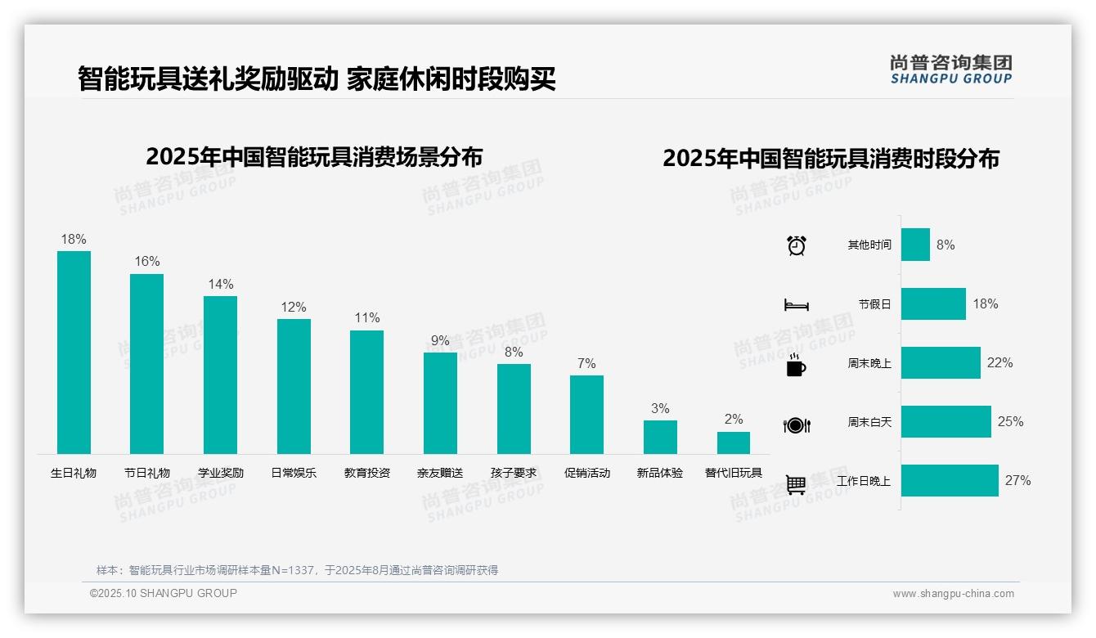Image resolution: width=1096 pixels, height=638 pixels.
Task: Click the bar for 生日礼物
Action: coord(74,352)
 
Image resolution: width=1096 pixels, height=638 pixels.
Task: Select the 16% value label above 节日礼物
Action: coord(147,262)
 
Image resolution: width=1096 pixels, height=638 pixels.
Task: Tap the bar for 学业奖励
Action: coord(220,375)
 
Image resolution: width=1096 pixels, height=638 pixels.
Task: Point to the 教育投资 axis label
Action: coord(367,473)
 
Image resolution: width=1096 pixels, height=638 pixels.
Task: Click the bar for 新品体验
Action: coord(660,437)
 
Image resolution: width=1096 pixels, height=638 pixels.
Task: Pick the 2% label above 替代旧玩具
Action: coord(734,420)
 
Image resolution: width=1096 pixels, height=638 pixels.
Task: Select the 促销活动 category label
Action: coord(587,473)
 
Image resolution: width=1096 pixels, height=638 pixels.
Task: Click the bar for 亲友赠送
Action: coord(440,402)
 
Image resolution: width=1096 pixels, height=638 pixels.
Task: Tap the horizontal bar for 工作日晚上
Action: coord(950,481)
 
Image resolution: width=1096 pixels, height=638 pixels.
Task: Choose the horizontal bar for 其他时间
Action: coord(915,245)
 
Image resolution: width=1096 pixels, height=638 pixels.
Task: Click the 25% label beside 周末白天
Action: coord(1011,422)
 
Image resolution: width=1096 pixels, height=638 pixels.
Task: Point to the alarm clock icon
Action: coord(797,245)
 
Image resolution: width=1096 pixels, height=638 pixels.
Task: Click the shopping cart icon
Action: coord(796,484)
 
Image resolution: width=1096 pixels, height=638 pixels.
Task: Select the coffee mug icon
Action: coord(796,365)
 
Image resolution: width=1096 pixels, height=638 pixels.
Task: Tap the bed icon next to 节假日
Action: coord(797,305)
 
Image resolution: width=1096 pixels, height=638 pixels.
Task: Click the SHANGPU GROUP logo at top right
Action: coord(951,70)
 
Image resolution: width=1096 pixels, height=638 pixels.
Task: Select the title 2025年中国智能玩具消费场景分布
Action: coord(314,157)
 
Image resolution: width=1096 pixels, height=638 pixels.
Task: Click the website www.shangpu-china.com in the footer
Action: coord(953,594)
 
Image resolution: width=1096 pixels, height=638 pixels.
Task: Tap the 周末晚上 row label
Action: coord(869,363)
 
